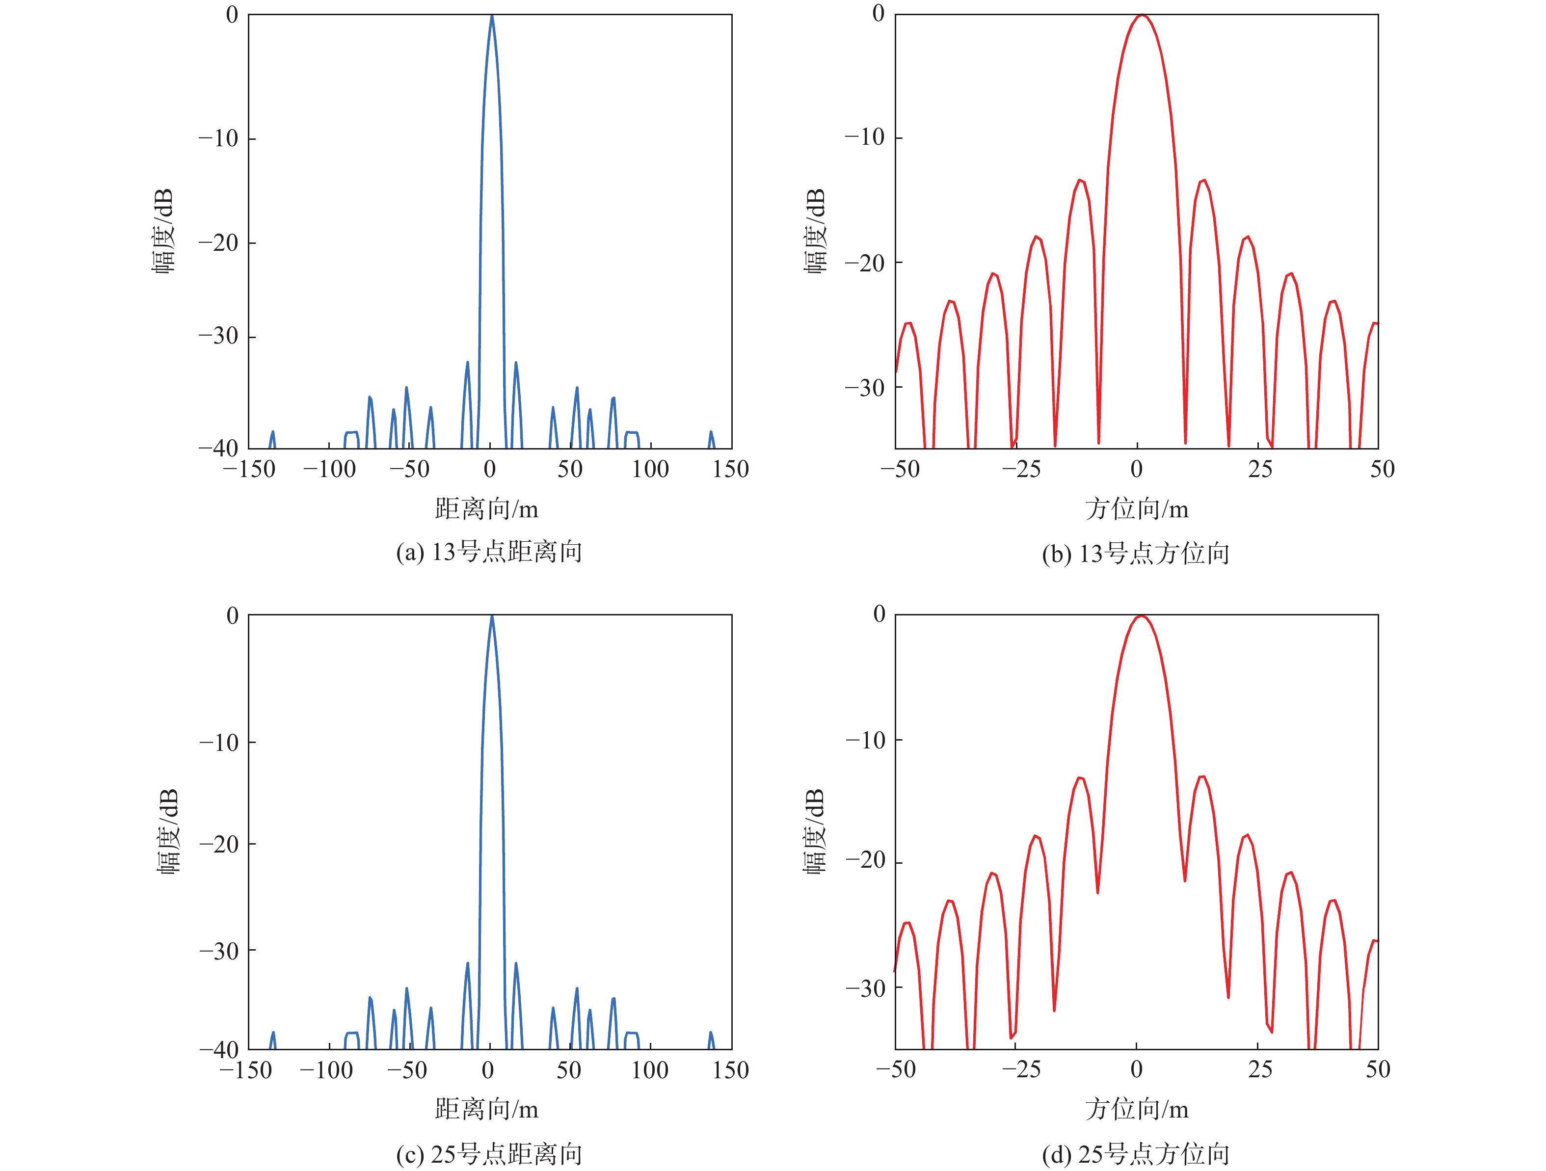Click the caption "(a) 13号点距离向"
[x=489, y=553]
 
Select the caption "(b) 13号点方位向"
[x=1136, y=554]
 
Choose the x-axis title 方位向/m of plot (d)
[x=1137, y=1110]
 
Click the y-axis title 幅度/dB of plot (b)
[x=815, y=231]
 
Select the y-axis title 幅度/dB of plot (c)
[x=168, y=831]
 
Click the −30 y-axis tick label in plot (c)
[x=219, y=951]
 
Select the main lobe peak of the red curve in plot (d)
[x=1141, y=616]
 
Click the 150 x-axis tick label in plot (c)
[x=730, y=1070]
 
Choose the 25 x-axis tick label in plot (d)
[x=1260, y=1070]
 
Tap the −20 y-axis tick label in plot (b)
[x=865, y=264]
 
